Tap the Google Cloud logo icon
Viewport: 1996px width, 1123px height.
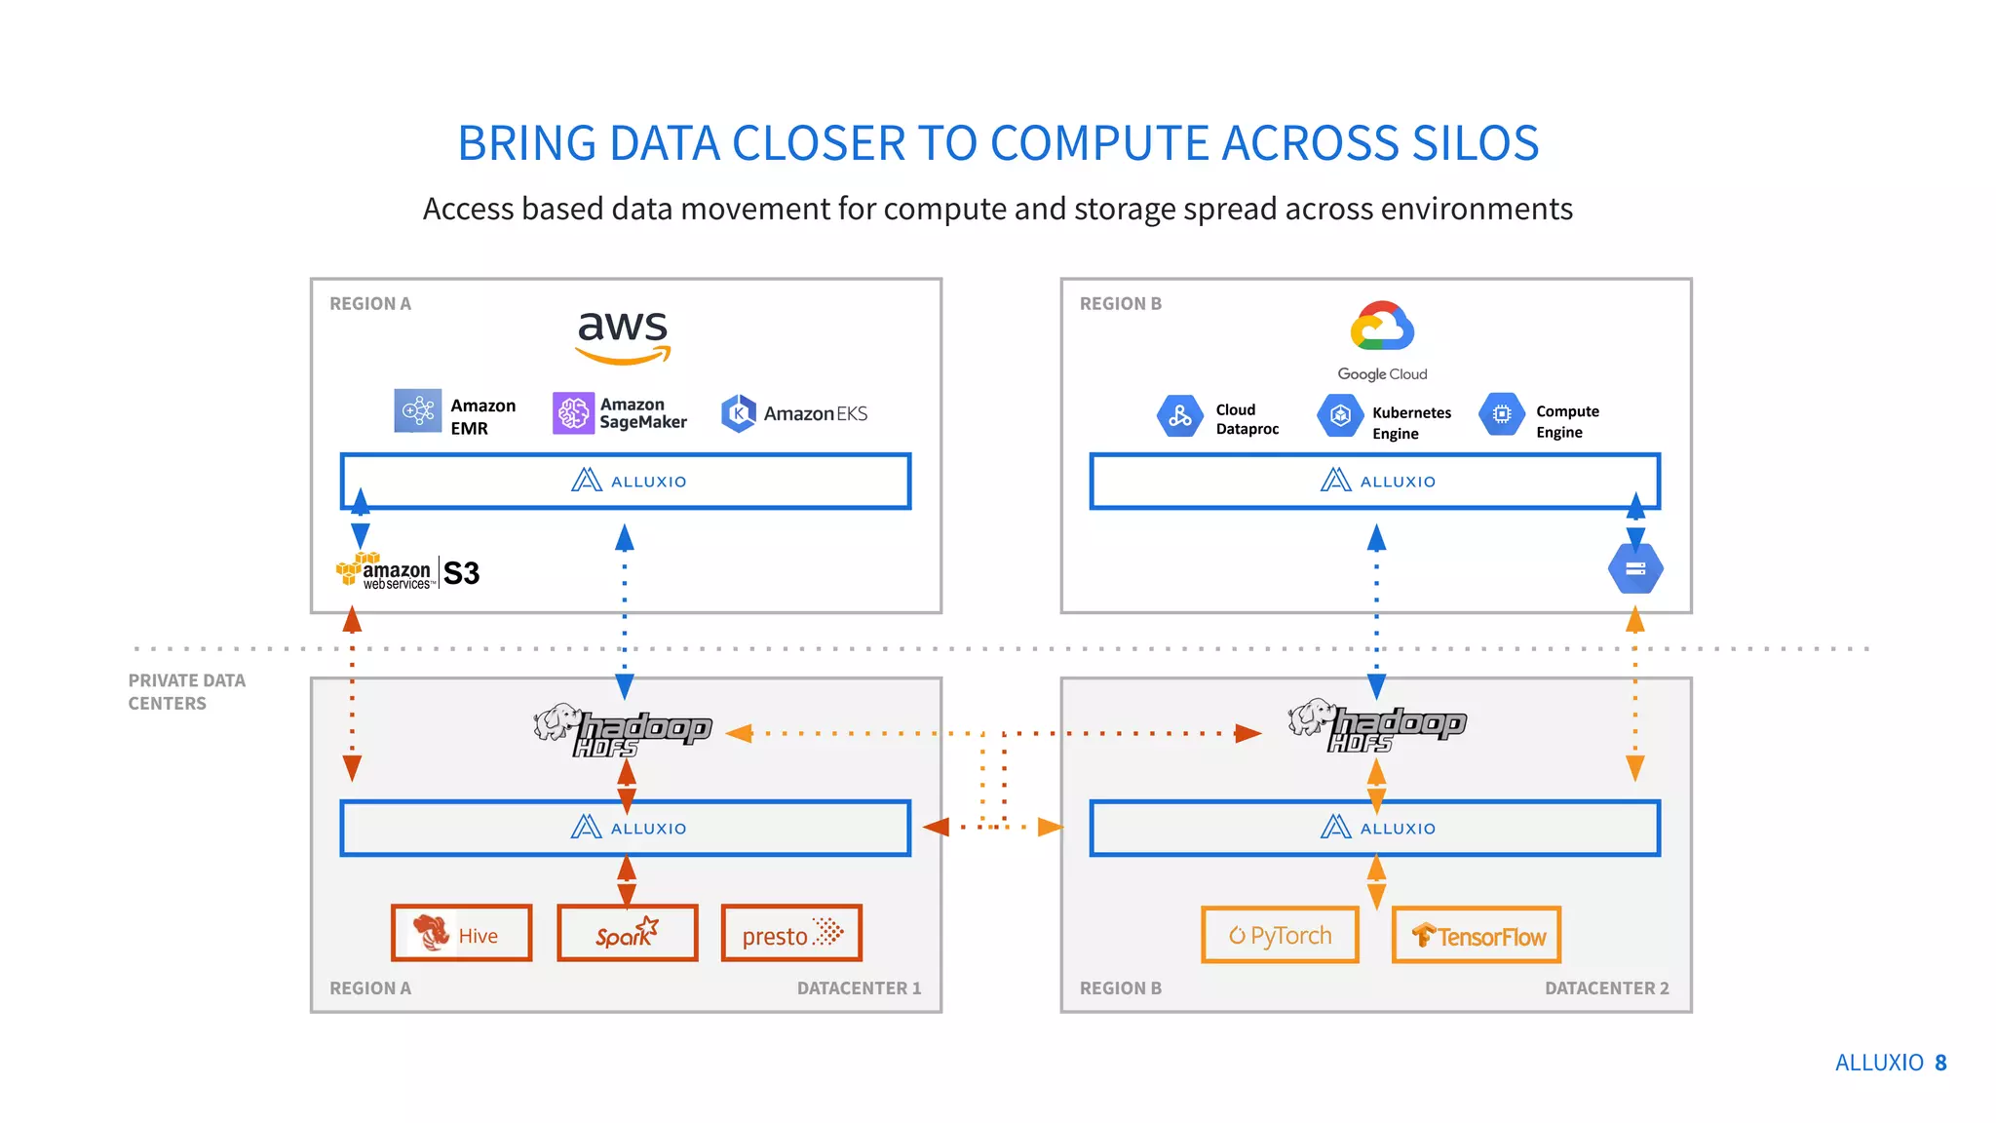click(1382, 328)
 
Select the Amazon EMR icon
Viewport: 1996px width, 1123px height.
click(417, 410)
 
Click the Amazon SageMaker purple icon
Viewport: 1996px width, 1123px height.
click(573, 412)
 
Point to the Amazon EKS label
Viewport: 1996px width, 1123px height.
click(815, 413)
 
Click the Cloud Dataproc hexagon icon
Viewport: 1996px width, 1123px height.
click(1179, 416)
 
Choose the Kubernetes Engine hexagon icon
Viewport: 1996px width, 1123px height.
click(1340, 415)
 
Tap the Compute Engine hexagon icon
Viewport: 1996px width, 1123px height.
click(1502, 414)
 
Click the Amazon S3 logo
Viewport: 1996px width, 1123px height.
click(408, 572)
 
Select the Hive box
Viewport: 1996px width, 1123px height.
click(462, 934)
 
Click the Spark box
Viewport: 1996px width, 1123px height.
click(628, 934)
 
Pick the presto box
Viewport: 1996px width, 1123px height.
click(791, 934)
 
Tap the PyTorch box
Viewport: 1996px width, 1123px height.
click(1280, 936)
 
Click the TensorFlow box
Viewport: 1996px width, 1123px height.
click(1477, 936)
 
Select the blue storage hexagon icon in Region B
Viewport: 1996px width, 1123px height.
click(1635, 568)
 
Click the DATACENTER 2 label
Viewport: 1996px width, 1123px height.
click(1606, 988)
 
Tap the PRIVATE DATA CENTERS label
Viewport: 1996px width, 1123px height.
click(186, 691)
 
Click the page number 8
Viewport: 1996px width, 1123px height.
click(1940, 1063)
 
